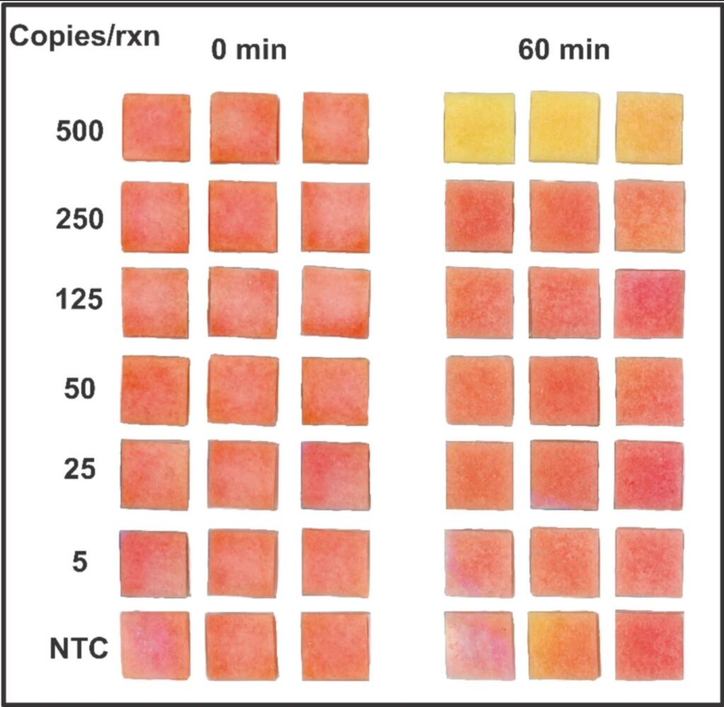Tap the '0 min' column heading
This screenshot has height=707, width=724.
tap(247, 51)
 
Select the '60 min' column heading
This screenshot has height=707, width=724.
tap(564, 51)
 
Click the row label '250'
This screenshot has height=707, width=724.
tap(80, 220)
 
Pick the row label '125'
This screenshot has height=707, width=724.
tap(80, 301)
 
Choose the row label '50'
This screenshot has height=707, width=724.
tap(80, 389)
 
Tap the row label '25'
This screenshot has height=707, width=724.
tap(80, 469)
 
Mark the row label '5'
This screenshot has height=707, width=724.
tap(80, 563)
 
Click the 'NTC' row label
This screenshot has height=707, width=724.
tap(78, 648)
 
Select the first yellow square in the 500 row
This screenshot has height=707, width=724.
tap(479, 128)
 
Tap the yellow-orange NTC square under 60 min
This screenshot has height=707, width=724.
tap(564, 645)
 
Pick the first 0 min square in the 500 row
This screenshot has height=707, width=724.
tap(156, 128)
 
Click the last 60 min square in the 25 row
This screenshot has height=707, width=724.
tap(649, 474)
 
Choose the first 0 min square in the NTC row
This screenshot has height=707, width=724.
tap(155, 645)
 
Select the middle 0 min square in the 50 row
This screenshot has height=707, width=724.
tap(243, 390)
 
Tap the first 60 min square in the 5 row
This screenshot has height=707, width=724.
tap(479, 563)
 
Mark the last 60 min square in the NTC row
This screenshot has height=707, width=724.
tap(649, 645)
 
